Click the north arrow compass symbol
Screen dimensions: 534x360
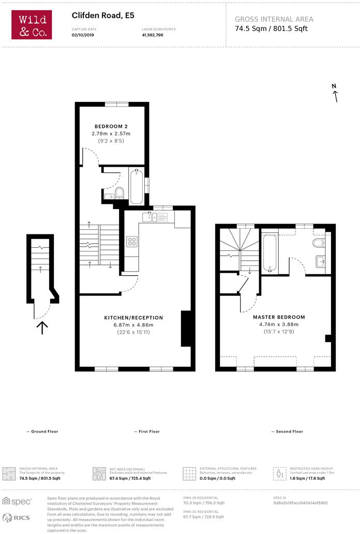pos(335,93)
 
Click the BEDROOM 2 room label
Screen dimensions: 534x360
pos(111,126)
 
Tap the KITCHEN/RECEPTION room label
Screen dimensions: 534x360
pos(133,318)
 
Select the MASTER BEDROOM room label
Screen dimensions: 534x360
pos(279,317)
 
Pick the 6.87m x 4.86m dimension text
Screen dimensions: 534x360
pos(133,325)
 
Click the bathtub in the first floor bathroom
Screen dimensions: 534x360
pos(137,187)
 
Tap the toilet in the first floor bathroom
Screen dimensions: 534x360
pos(119,193)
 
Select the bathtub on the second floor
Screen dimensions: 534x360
pos(269,253)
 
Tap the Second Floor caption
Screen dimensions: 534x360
pos(287,431)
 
